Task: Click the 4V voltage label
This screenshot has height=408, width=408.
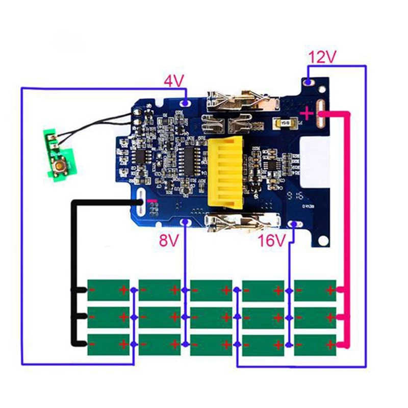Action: point(173,81)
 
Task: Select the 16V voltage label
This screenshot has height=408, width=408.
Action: point(270,240)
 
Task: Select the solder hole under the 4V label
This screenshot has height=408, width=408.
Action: point(186,104)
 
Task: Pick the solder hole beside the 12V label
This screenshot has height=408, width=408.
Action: point(309,81)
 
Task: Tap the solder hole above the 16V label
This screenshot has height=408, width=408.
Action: point(294,223)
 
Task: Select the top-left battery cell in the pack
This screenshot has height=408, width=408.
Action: point(108,291)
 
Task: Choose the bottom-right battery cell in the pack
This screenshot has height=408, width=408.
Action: point(315,345)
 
